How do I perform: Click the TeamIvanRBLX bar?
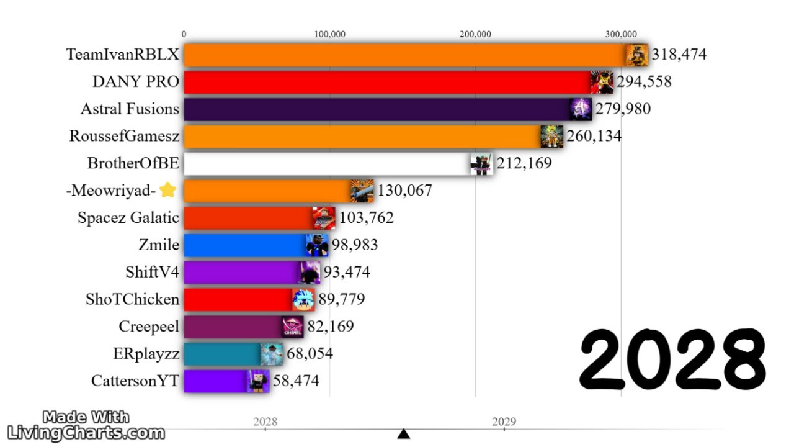pos(403,55)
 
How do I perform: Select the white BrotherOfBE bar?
pos(326,164)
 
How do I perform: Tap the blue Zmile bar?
pos(245,245)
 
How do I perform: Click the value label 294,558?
pos(644,82)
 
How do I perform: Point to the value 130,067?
pos(404,191)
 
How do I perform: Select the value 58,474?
pos(296,381)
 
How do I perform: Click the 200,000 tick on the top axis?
pos(476,34)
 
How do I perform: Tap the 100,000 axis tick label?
pos(329,34)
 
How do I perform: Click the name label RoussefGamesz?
pos(124,137)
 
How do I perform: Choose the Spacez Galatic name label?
pos(128,218)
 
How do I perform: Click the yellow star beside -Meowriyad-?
pos(167,191)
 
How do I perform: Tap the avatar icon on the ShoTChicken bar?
pos(303,299)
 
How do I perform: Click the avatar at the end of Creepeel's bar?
pos(292,327)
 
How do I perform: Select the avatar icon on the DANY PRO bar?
pos(602,82)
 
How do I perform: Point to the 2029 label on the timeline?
pos(504,422)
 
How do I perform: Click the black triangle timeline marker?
pos(404,433)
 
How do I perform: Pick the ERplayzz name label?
pos(146,354)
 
